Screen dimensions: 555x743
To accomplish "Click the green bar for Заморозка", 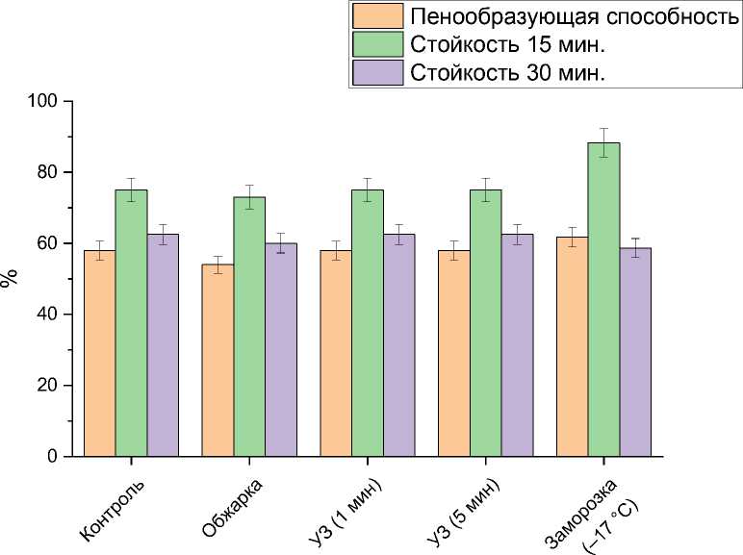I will (x=603, y=299).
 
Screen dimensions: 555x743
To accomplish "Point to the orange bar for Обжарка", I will (x=218, y=360).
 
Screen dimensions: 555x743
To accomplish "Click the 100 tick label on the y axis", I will (x=45, y=101).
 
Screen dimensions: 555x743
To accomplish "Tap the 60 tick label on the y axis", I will (x=49, y=243).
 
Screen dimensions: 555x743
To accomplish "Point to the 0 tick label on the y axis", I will (x=53, y=457).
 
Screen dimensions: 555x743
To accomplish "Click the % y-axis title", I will (x=11, y=278).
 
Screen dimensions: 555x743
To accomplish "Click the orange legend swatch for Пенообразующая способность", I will (x=378, y=16).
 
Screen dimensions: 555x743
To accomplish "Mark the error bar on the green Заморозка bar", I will (x=603, y=142).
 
